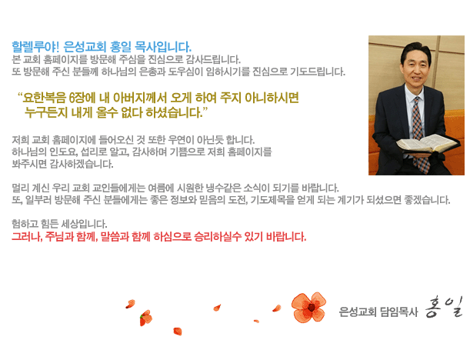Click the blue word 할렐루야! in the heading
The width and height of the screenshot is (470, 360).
[35, 47]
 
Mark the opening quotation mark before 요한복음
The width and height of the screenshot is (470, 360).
[20, 95]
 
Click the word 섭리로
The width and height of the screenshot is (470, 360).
[94, 152]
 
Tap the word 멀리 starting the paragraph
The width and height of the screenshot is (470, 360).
[20, 188]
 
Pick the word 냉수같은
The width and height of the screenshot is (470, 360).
[223, 188]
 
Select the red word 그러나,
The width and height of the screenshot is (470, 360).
[27, 237]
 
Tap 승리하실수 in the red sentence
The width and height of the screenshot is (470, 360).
[218, 237]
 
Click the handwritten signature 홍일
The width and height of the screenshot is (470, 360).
[444, 307]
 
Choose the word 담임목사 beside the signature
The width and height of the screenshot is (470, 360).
[398, 312]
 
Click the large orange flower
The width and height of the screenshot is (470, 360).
[308, 307]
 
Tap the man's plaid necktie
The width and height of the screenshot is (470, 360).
[419, 132]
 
